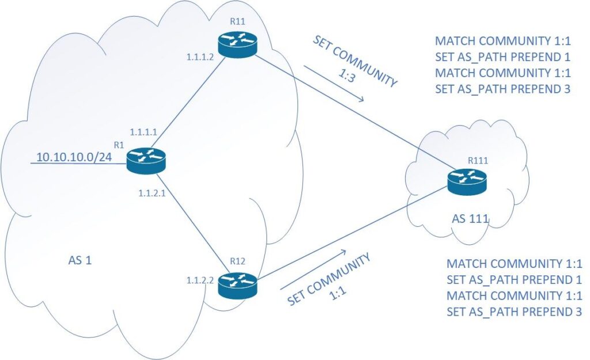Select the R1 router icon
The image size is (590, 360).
pos(145,160)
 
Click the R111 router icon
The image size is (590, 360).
pos(466,181)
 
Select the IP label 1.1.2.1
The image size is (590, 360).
pos(152,193)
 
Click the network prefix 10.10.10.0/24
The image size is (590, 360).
pos(74,157)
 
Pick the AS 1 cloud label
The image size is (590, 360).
pos(81,260)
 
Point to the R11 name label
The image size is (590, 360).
pos(237,22)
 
